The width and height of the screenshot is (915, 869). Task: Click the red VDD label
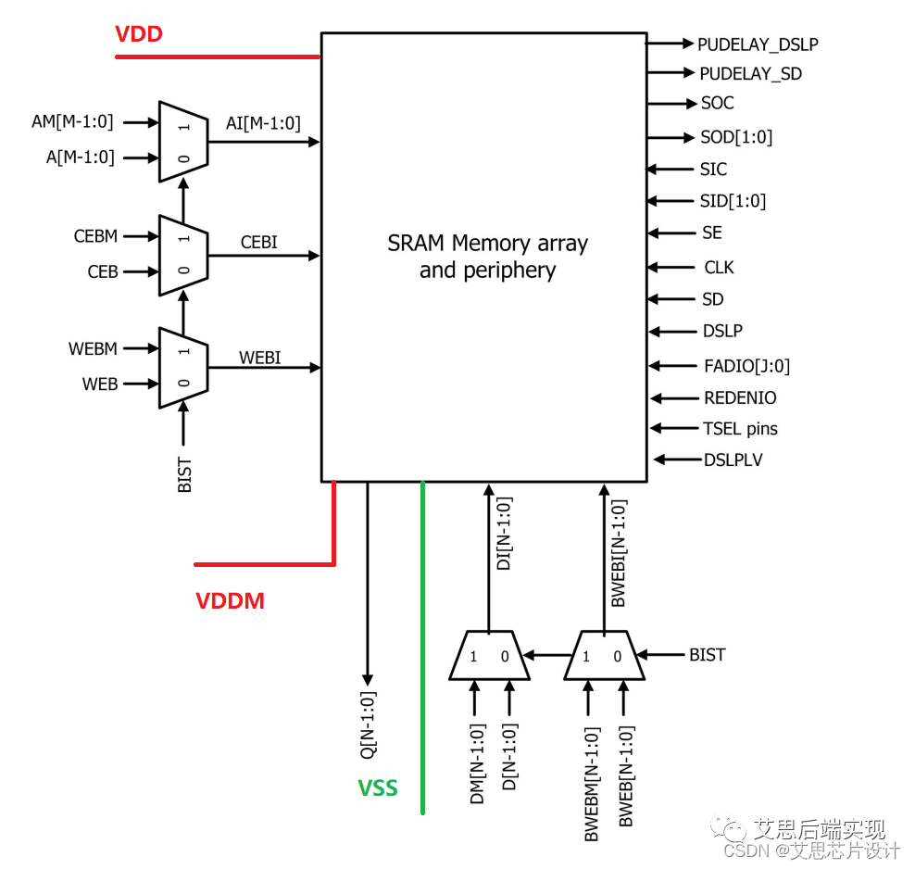[x=139, y=34]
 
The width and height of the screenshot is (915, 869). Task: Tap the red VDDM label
[x=230, y=601]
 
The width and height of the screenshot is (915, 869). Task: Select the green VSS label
[x=378, y=788]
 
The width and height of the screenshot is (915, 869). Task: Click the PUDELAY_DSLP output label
[x=758, y=44]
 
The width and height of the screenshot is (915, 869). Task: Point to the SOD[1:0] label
[x=736, y=137]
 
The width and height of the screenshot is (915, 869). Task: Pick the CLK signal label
[x=719, y=267]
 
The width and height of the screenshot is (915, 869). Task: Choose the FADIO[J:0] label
[x=746, y=366]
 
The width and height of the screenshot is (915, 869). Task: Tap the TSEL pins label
[x=740, y=429]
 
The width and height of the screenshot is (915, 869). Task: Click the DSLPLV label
[x=733, y=460]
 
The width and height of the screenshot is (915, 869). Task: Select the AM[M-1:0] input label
[x=72, y=121]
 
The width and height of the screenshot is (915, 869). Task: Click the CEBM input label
[x=95, y=236]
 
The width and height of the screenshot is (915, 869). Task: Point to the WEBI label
[x=259, y=358]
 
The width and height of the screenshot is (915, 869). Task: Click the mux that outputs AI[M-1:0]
[x=183, y=142]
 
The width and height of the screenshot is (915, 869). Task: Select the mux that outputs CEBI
[x=183, y=255]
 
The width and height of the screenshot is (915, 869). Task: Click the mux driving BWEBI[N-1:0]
[x=601, y=656]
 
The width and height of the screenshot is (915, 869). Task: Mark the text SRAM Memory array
[x=487, y=244]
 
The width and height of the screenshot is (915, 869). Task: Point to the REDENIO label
[x=740, y=398]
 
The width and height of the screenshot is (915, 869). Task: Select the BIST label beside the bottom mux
[x=707, y=655]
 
